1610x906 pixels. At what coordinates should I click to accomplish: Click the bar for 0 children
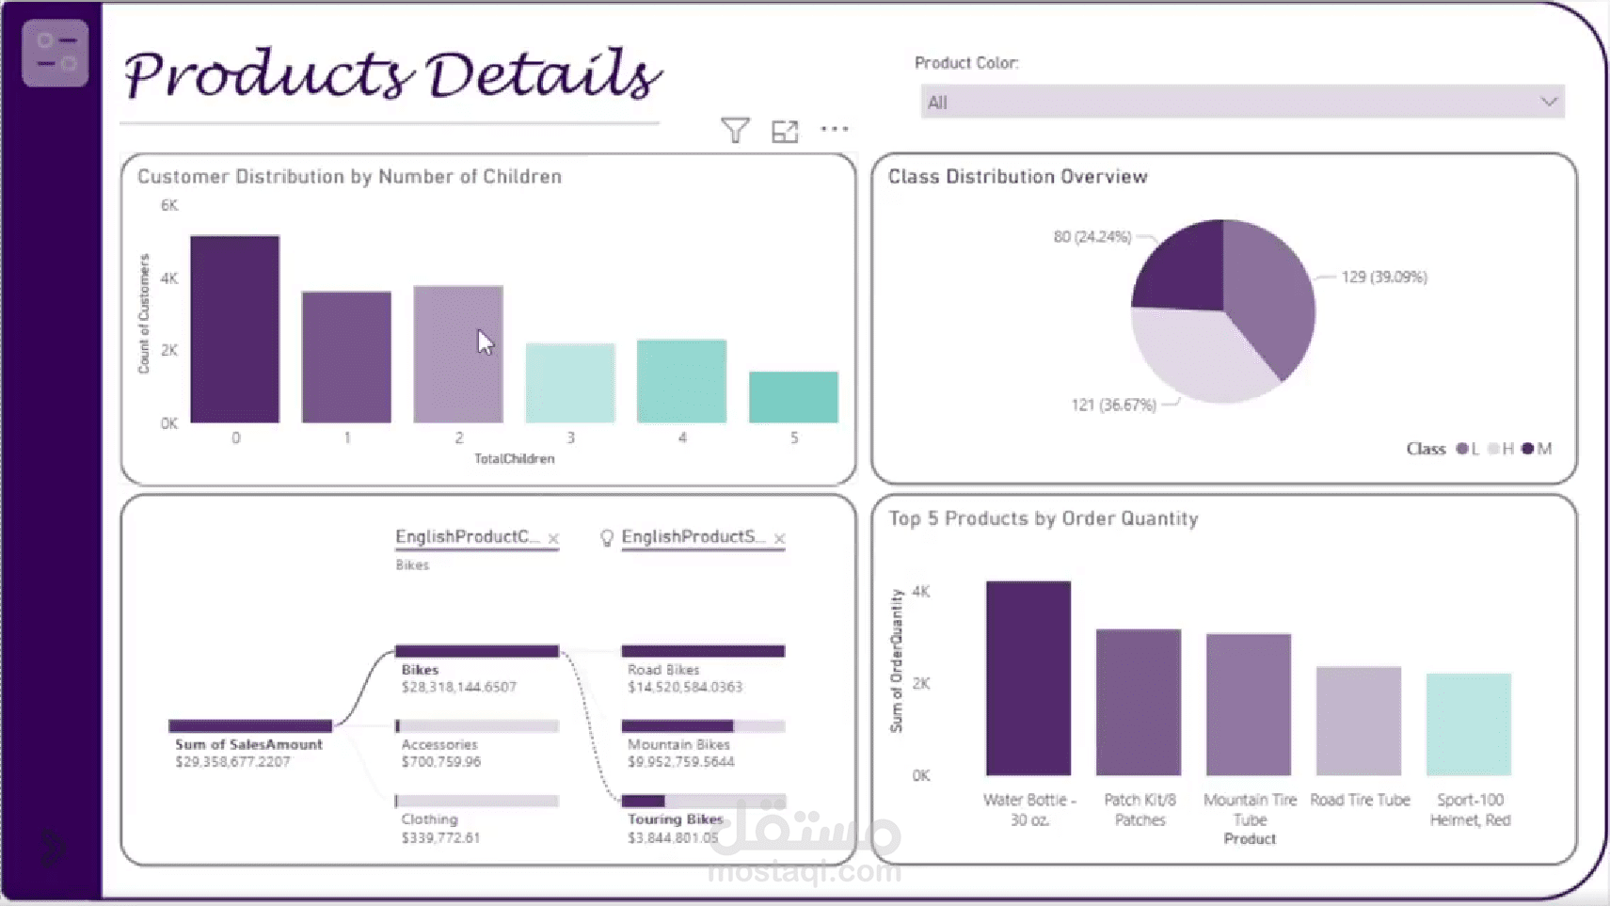pyautogui.click(x=234, y=329)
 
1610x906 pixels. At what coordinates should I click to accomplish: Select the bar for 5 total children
pyautogui.click(x=793, y=397)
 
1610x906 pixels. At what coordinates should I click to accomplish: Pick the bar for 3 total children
pyautogui.click(x=570, y=383)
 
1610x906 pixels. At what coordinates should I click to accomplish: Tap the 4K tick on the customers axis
pyautogui.click(x=169, y=278)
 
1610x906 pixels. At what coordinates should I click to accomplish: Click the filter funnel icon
pyautogui.click(x=735, y=130)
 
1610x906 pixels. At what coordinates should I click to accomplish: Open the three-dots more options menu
pyautogui.click(x=835, y=129)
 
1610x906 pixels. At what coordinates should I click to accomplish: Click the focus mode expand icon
pyautogui.click(x=785, y=131)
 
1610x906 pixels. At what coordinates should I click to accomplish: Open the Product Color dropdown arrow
pyautogui.click(x=1548, y=102)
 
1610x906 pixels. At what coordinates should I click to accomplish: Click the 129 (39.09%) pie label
pyautogui.click(x=1384, y=277)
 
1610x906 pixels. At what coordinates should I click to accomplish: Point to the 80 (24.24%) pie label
pyautogui.click(x=1092, y=237)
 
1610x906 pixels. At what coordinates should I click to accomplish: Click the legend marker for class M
pyautogui.click(x=1527, y=449)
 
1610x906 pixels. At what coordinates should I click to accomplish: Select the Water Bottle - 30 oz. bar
pyautogui.click(x=1028, y=677)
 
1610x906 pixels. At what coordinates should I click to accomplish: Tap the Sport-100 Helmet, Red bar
pyautogui.click(x=1468, y=723)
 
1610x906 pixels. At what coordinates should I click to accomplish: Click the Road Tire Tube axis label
pyautogui.click(x=1360, y=800)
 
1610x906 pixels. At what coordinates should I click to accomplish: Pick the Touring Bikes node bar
pyautogui.click(x=702, y=802)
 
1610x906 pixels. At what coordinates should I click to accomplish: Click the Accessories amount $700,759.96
pyautogui.click(x=440, y=762)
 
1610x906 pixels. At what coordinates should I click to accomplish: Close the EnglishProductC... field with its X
pyautogui.click(x=553, y=539)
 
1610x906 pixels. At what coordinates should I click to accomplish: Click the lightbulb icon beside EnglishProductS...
pyautogui.click(x=607, y=537)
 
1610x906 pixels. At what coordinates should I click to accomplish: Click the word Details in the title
pyautogui.click(x=543, y=75)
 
